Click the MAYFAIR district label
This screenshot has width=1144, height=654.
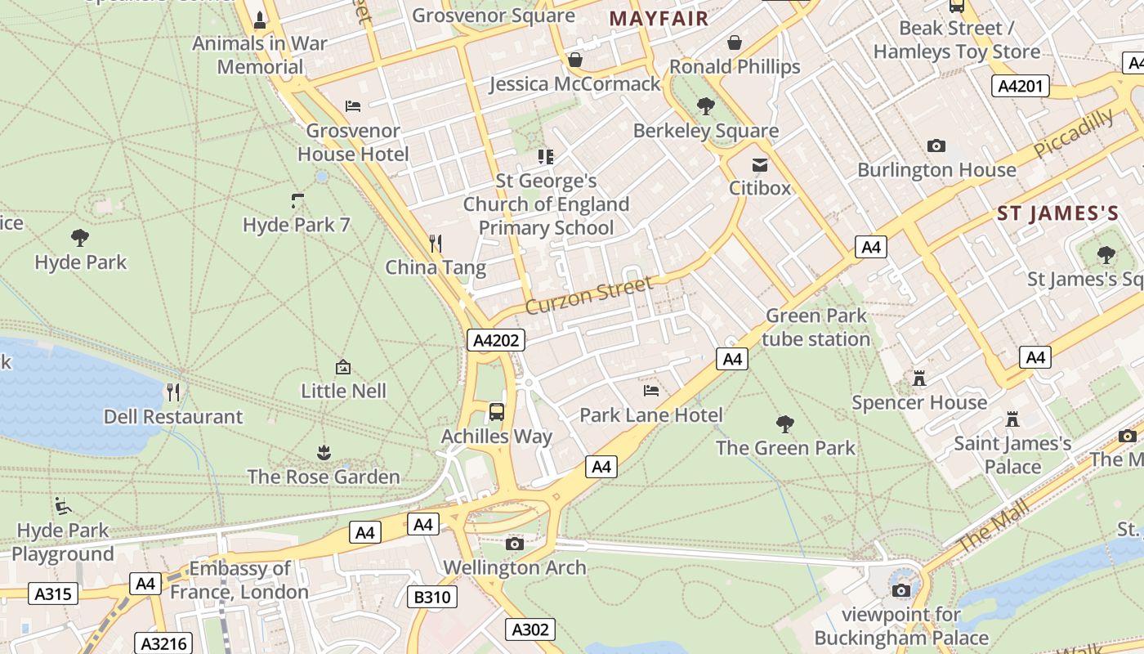[x=659, y=18]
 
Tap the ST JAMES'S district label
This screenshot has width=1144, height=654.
[x=1057, y=214]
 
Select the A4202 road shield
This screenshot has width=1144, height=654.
[x=496, y=340]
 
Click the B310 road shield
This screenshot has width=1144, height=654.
[x=431, y=597]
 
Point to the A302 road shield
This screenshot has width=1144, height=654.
[x=530, y=629]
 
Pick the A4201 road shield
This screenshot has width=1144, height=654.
[x=1021, y=86]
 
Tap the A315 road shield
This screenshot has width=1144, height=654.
[x=53, y=594]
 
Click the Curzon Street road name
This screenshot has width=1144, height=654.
[x=589, y=295]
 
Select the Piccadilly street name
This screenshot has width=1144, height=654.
[x=1073, y=134]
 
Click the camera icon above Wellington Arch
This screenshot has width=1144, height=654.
[x=515, y=544]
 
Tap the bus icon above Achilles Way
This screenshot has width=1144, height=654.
[x=497, y=412]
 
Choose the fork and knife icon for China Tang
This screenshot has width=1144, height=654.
[x=436, y=243]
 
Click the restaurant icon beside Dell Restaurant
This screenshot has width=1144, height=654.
[x=173, y=392]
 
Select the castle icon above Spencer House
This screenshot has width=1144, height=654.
[x=919, y=379]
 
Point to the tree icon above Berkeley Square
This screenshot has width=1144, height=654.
[x=705, y=106]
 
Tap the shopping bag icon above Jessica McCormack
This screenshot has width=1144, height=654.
[x=575, y=60]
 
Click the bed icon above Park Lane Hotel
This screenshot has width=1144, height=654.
[x=651, y=391]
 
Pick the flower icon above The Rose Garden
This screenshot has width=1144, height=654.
[x=324, y=452]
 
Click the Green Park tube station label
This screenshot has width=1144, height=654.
[x=816, y=327]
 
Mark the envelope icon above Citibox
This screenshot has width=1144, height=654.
[x=760, y=164]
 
